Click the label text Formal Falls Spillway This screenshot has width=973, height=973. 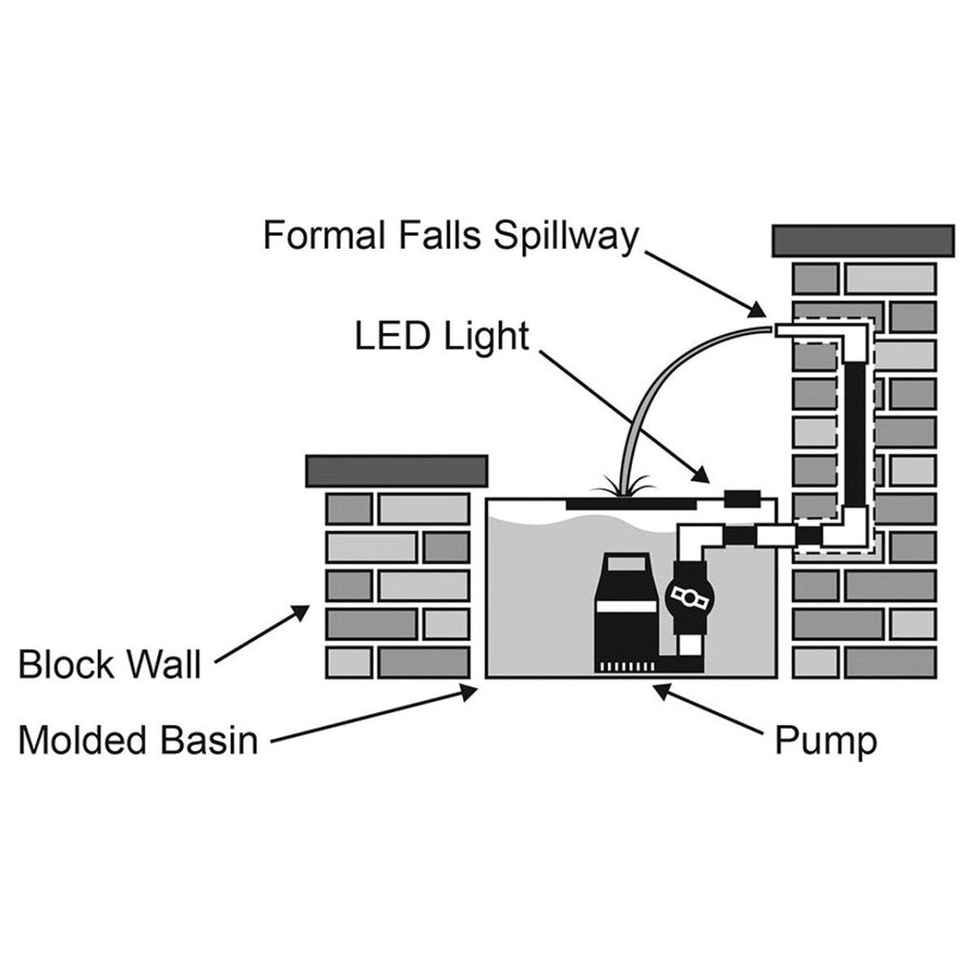point(450,236)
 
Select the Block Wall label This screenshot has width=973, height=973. point(109,664)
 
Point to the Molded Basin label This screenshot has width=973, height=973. point(137,740)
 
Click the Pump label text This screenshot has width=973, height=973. point(825,740)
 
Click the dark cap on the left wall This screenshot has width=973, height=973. point(396,469)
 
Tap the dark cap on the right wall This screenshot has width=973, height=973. point(862,239)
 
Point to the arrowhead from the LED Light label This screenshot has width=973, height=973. point(705,476)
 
